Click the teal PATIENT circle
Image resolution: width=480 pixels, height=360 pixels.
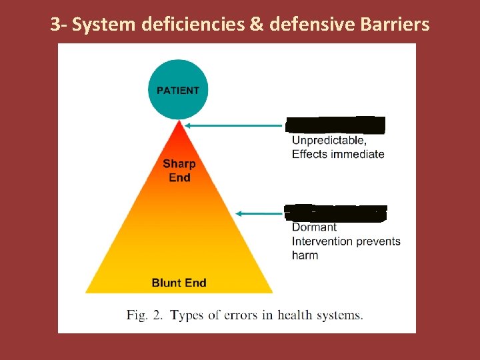[x=178, y=90]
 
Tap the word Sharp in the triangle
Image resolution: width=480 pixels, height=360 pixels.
[x=179, y=164]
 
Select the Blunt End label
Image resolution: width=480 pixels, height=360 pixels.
[x=179, y=283]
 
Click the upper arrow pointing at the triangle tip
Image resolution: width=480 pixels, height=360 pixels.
[x=233, y=125]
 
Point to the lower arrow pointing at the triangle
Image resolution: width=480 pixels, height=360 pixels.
[x=260, y=213]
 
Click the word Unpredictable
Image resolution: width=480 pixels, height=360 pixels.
[x=329, y=141]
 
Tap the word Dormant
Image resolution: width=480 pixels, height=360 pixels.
[x=314, y=227]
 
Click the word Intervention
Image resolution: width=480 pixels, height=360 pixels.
[x=323, y=241]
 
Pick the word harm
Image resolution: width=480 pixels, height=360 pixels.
[x=305, y=255]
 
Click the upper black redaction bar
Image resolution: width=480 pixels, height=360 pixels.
[x=335, y=125]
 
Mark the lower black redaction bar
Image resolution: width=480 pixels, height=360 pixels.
[x=335, y=213]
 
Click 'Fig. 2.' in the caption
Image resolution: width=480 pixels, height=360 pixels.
[x=145, y=315]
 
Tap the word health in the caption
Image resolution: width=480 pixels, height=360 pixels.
[x=295, y=315]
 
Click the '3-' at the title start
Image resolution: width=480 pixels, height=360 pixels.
[x=59, y=25]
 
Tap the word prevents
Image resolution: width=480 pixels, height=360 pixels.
[x=378, y=241]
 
